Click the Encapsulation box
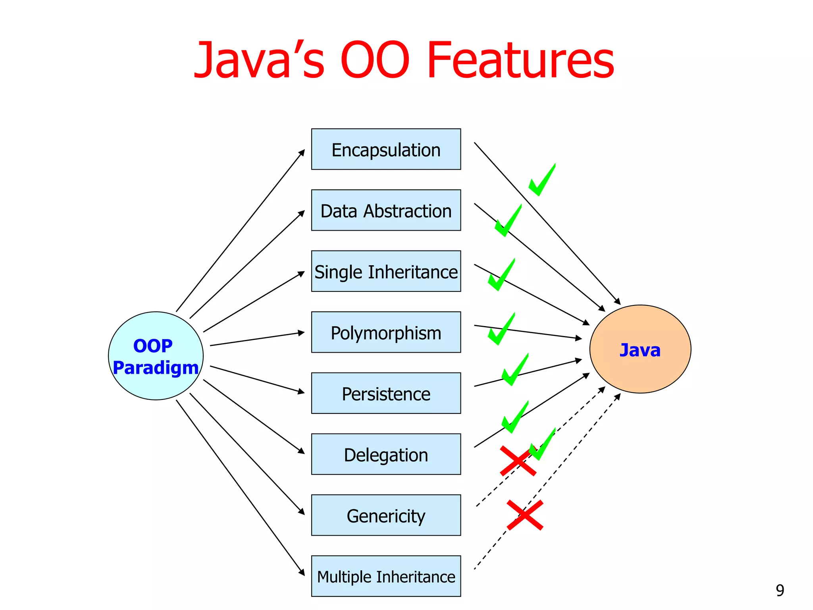click(386, 149)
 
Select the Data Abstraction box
click(386, 210)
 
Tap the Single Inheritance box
click(386, 271)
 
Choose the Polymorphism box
click(386, 332)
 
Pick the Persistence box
click(386, 393)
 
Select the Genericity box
click(386, 515)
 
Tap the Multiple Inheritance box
click(386, 576)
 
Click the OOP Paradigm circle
click(156, 356)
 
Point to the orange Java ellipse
click(640, 349)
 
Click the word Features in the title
click(520, 60)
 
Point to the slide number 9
click(780, 591)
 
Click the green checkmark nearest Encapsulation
click(542, 181)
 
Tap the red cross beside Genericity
click(525, 515)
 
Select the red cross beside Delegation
click(518, 461)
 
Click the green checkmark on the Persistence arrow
click(515, 370)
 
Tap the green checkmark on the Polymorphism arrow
click(501, 330)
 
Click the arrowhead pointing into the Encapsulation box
click(302, 152)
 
